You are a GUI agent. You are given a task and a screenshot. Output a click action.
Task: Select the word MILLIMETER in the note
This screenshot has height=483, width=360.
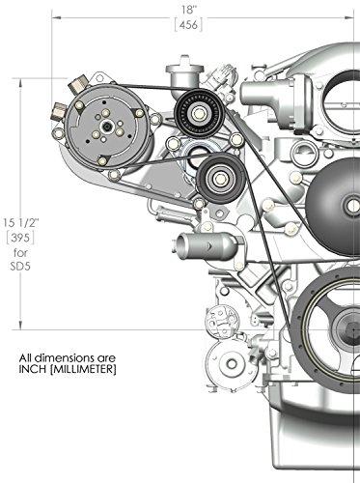tap(82, 367)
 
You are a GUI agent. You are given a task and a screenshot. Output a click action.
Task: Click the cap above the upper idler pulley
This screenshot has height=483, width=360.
tap(181, 72)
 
